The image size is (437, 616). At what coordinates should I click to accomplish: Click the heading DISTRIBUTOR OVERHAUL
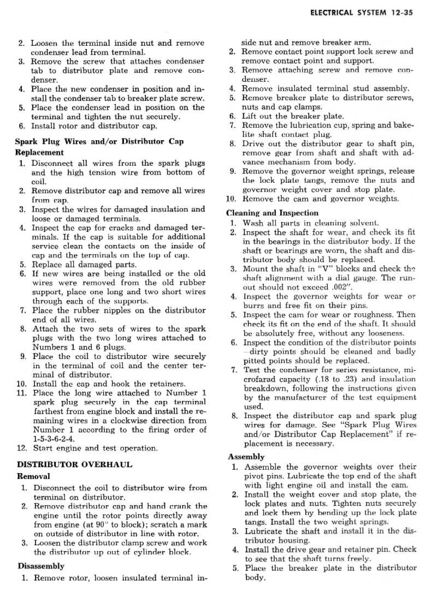click(75, 465)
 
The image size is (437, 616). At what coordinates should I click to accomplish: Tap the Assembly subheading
click(246, 457)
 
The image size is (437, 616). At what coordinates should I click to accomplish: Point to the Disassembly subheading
click(42, 566)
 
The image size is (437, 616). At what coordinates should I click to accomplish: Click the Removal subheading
click(34, 476)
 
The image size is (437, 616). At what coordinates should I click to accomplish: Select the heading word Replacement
click(39, 153)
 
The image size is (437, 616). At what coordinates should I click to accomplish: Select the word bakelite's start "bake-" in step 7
click(403, 125)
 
